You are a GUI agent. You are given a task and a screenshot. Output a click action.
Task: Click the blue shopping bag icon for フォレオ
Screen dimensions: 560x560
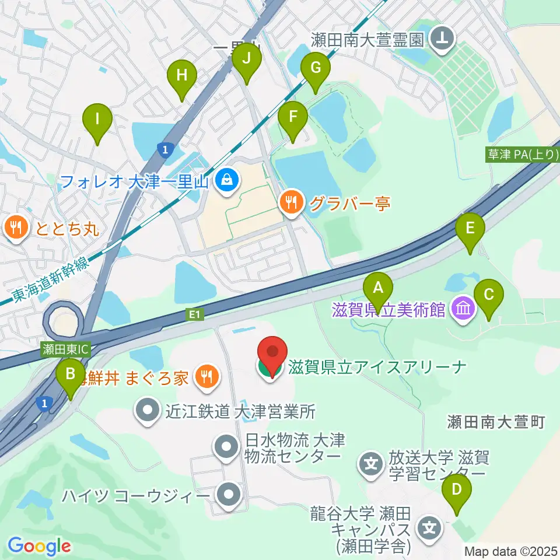(x=225, y=181)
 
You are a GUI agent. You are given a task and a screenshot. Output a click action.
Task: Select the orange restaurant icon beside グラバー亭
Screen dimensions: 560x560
(x=291, y=202)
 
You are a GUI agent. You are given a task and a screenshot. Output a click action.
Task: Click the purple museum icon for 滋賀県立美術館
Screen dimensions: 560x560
(x=464, y=309)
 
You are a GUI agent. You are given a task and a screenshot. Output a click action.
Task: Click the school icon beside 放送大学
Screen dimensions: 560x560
(x=371, y=464)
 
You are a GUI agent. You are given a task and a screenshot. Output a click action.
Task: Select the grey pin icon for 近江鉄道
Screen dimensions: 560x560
(x=148, y=411)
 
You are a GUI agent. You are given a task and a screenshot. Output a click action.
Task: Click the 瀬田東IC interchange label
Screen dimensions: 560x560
(x=64, y=350)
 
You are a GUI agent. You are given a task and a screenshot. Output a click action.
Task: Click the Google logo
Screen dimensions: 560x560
(x=39, y=546)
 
